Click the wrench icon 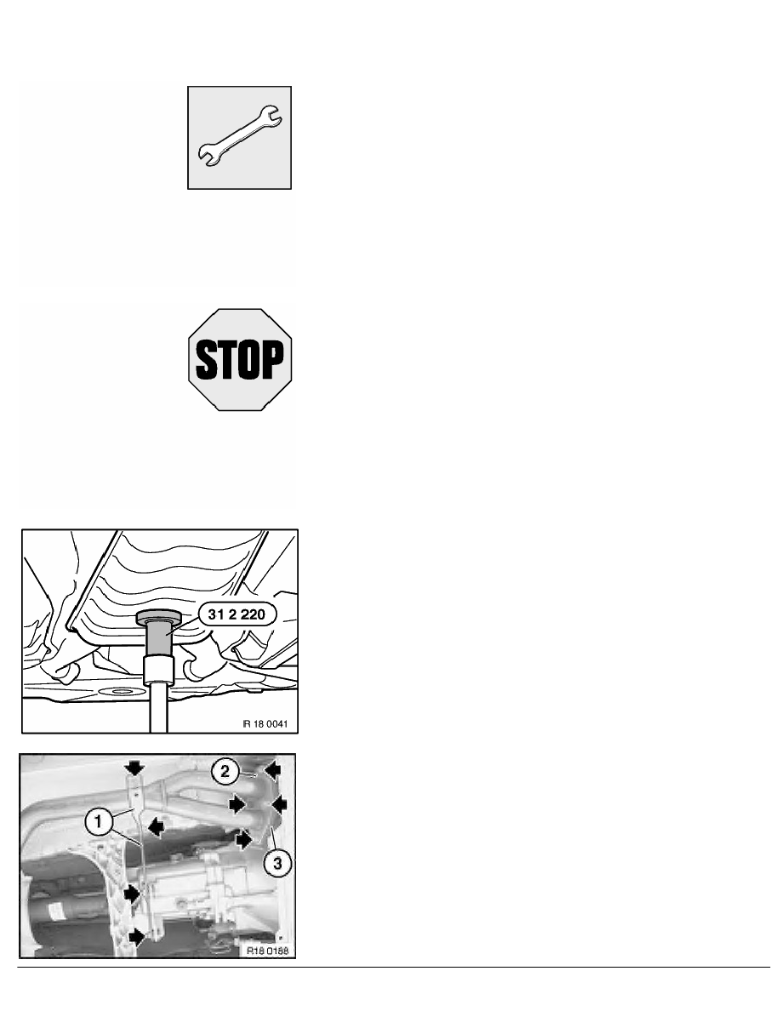pyautogui.click(x=239, y=137)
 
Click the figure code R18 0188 pyautogui.click(x=266, y=951)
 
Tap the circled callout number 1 pyautogui.click(x=98, y=822)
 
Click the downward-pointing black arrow pyautogui.click(x=132, y=768)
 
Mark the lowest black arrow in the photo pyautogui.click(x=134, y=936)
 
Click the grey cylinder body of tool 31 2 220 pyautogui.click(x=160, y=635)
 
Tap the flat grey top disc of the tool pyautogui.click(x=160, y=616)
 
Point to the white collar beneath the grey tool pyautogui.click(x=159, y=669)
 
